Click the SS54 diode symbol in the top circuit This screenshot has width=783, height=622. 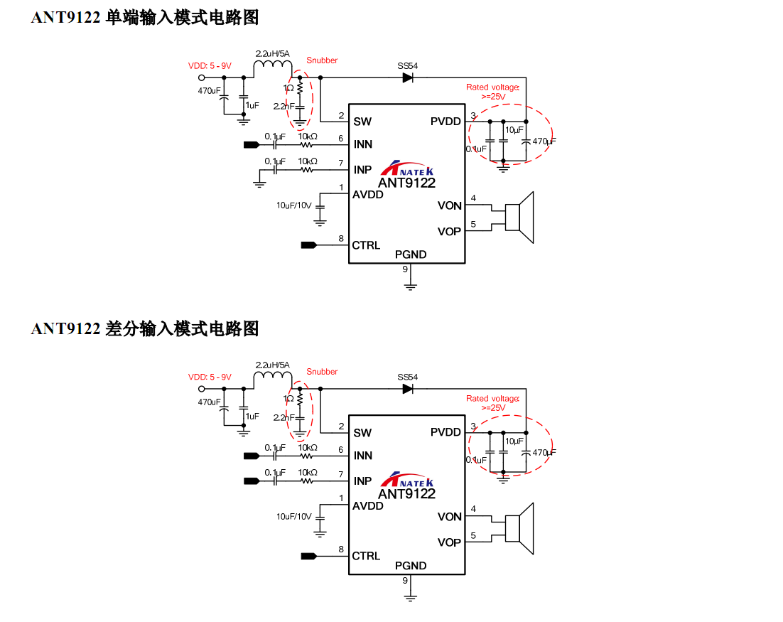[408, 77]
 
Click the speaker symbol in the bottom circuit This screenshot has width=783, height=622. [519, 528]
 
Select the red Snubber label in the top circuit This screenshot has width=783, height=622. [322, 60]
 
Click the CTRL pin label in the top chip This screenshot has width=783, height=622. [366, 245]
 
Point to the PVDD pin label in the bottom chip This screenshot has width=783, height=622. [445, 432]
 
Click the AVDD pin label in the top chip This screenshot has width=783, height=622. [368, 194]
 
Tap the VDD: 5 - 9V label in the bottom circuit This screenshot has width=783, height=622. [210, 377]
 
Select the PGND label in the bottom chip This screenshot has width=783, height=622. [411, 566]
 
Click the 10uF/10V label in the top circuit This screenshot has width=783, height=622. [294, 205]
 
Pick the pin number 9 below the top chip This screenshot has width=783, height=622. [405, 269]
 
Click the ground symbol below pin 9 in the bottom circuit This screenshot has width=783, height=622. [410, 598]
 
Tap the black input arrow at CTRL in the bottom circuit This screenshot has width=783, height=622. [308, 556]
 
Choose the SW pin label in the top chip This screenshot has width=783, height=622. [362, 121]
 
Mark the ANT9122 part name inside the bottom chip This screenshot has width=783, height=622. [406, 493]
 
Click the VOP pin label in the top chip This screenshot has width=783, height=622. [449, 231]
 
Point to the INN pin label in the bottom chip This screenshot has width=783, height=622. [362, 456]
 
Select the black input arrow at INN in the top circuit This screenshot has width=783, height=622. [252, 145]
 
